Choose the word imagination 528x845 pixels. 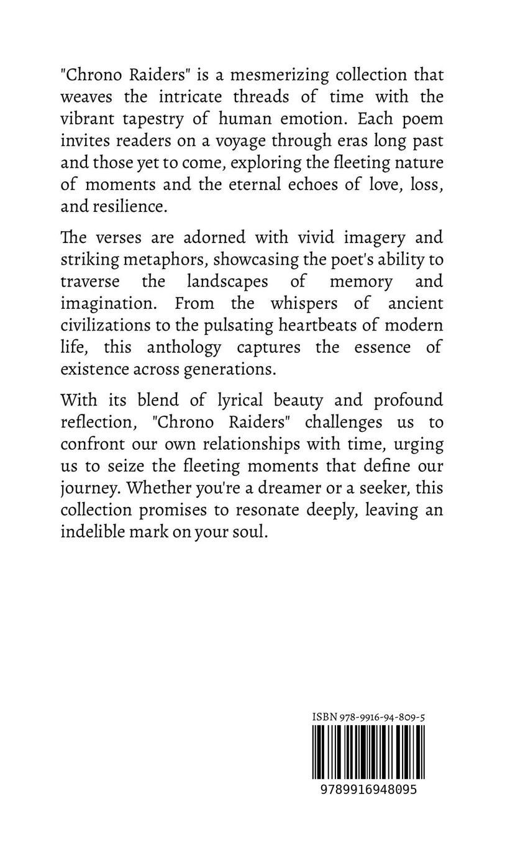click(105, 303)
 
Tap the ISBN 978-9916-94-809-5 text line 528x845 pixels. click(369, 717)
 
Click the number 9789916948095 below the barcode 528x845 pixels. click(369, 790)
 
